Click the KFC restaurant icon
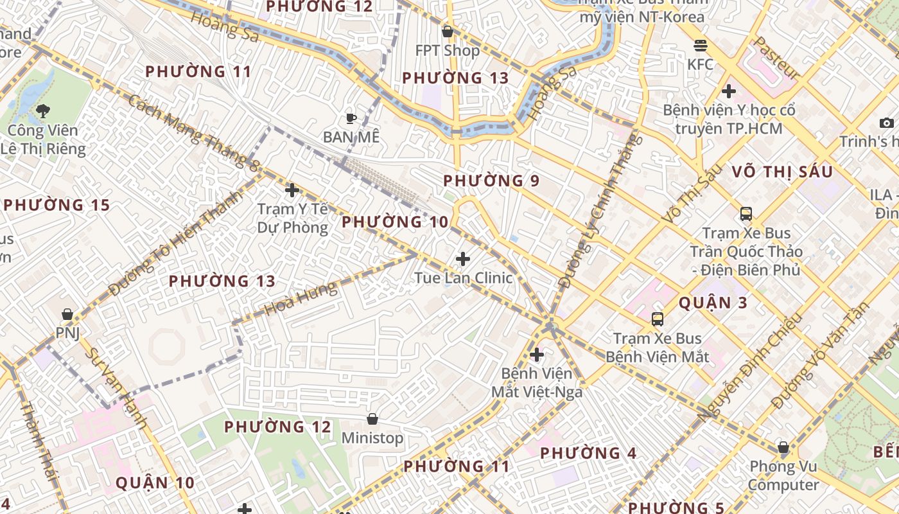click(700, 46)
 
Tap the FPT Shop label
click(448, 51)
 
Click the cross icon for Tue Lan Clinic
click(462, 259)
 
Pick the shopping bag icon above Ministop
click(372, 420)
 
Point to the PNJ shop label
click(67, 333)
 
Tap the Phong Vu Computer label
click(783, 475)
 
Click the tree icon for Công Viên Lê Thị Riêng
click(43, 111)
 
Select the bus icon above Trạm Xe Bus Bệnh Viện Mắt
click(657, 319)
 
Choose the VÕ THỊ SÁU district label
click(782, 172)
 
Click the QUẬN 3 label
click(713, 303)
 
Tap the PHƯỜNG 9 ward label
click(491, 181)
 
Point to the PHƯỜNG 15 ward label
click(57, 206)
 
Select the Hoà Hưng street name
click(301, 298)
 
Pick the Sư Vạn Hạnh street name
click(116, 388)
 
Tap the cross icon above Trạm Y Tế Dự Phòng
click(292, 190)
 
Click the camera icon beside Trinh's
click(886, 123)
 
